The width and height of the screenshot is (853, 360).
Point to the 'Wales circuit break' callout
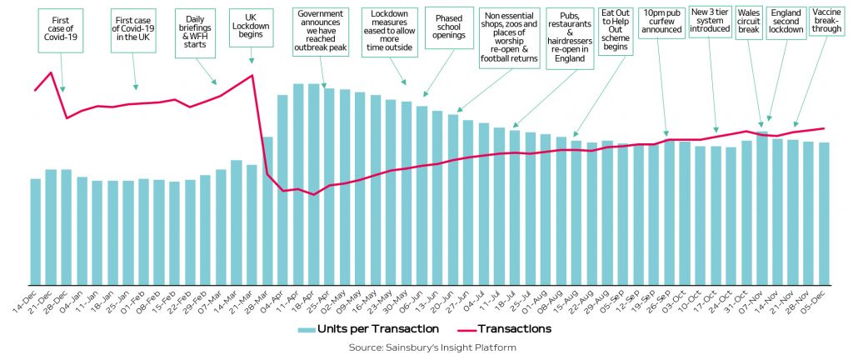(751, 23)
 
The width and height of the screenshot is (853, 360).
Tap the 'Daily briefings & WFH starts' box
(196, 33)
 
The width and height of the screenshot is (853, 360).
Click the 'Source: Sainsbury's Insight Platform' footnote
(426, 347)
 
